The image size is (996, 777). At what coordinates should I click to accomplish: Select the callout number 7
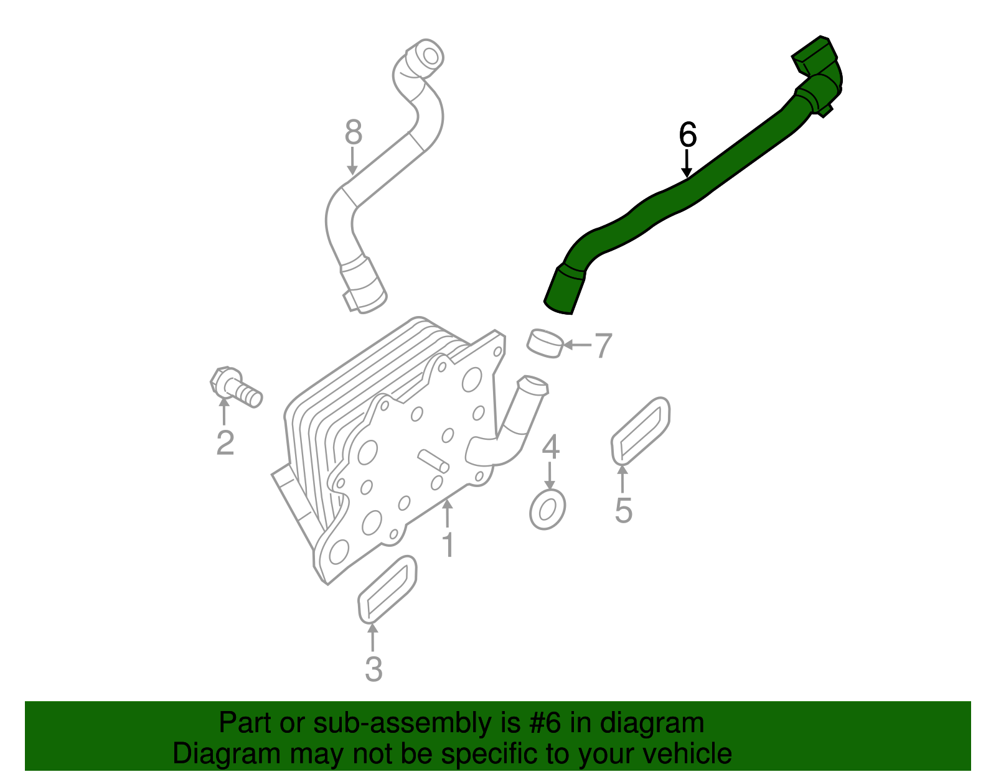pyautogui.click(x=603, y=346)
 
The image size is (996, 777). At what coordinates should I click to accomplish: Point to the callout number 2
pyautogui.click(x=225, y=443)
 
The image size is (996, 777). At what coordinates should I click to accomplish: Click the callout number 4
pyautogui.click(x=550, y=448)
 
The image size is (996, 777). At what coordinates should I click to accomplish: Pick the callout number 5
pyautogui.click(x=623, y=510)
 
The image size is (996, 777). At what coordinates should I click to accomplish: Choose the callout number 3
pyautogui.click(x=373, y=669)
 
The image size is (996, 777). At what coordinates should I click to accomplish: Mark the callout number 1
pyautogui.click(x=448, y=544)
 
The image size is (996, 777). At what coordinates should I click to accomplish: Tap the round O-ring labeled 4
pyautogui.click(x=547, y=509)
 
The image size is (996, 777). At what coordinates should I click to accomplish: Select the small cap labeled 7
pyautogui.click(x=545, y=343)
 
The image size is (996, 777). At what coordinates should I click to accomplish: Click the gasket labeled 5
pyautogui.click(x=641, y=430)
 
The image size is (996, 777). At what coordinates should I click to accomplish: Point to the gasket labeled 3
pyautogui.click(x=387, y=589)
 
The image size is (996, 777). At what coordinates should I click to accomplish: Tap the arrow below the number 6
pyautogui.click(x=687, y=165)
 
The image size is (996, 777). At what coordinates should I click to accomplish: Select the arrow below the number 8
pyautogui.click(x=352, y=162)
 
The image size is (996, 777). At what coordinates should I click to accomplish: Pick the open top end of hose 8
pyautogui.click(x=428, y=55)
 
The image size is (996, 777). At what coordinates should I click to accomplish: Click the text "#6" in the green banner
pyautogui.click(x=545, y=723)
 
